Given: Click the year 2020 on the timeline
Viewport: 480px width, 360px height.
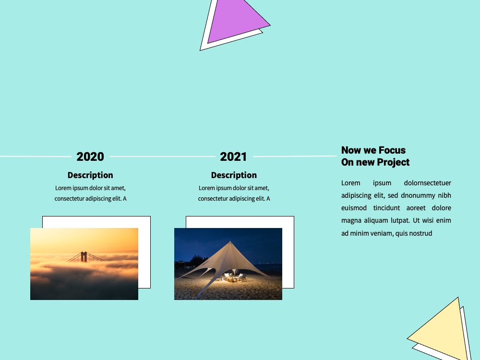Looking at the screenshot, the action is click(x=90, y=157).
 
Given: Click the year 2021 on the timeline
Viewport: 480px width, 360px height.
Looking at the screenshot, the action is click(x=233, y=157).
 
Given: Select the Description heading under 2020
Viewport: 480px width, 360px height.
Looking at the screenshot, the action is click(x=90, y=175).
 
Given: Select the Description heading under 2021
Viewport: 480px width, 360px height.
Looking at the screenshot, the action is click(x=234, y=175).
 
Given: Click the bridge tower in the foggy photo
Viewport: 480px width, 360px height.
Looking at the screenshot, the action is click(x=84, y=256).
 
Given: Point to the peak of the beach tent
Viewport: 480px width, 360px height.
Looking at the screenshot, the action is click(x=230, y=241).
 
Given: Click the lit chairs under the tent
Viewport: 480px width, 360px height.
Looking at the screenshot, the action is click(x=235, y=277).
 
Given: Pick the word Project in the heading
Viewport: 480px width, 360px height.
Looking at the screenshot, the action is click(x=394, y=162).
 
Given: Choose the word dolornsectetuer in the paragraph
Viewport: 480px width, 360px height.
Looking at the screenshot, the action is click(x=427, y=183).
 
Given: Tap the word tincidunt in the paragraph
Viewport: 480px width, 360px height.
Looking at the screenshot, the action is click(x=386, y=208).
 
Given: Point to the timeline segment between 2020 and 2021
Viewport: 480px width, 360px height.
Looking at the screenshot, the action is click(x=162, y=156).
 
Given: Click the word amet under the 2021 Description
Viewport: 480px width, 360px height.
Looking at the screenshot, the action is click(x=262, y=188).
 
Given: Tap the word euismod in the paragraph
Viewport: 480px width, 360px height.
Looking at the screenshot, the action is click(x=354, y=208).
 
